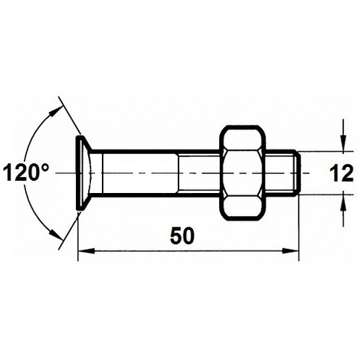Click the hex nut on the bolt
coord(245,173)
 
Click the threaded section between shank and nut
coord(199,173)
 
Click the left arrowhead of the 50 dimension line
coord(84,250)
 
